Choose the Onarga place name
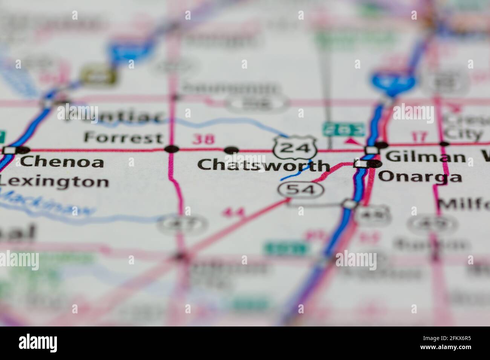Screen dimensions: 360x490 tap(420, 176)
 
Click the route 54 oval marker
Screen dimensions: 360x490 tap(301, 190)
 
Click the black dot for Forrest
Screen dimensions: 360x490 tap(172, 149)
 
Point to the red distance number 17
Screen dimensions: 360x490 tap(418, 136)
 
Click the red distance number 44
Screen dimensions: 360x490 tap(234, 213)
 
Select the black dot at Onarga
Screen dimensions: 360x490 tap(375, 164)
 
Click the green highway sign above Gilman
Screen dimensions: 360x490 tap(343, 129)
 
